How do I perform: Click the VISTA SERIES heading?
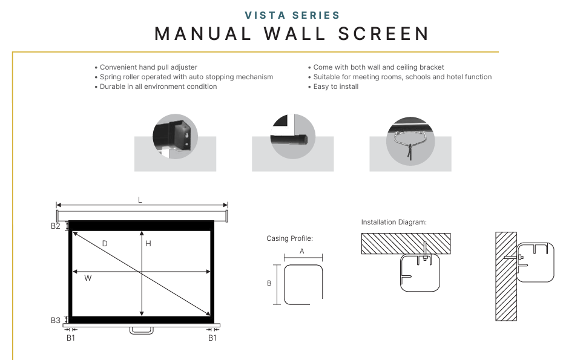coord(292,15)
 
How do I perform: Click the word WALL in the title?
coord(295,34)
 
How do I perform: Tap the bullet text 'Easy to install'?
coord(335,87)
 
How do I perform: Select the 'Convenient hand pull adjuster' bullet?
coord(148,67)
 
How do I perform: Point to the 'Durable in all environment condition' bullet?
coord(158,87)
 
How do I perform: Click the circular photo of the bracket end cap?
coord(175,136)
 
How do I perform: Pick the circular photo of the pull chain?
coord(410,141)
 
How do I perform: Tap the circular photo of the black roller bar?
coord(292,136)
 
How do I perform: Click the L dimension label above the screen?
coord(140,200)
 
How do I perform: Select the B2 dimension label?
coord(55,226)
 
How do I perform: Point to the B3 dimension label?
coord(55,320)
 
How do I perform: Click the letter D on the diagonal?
coord(105,243)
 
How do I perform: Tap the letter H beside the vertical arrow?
coord(148,243)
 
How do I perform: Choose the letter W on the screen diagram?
coord(88,278)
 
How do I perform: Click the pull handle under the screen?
coord(142,331)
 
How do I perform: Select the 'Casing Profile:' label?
coord(289,238)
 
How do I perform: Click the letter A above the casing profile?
coord(302,251)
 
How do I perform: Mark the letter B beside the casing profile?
coord(269,283)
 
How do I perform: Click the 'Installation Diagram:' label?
coord(394,222)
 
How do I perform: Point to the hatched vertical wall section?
coord(506,277)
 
